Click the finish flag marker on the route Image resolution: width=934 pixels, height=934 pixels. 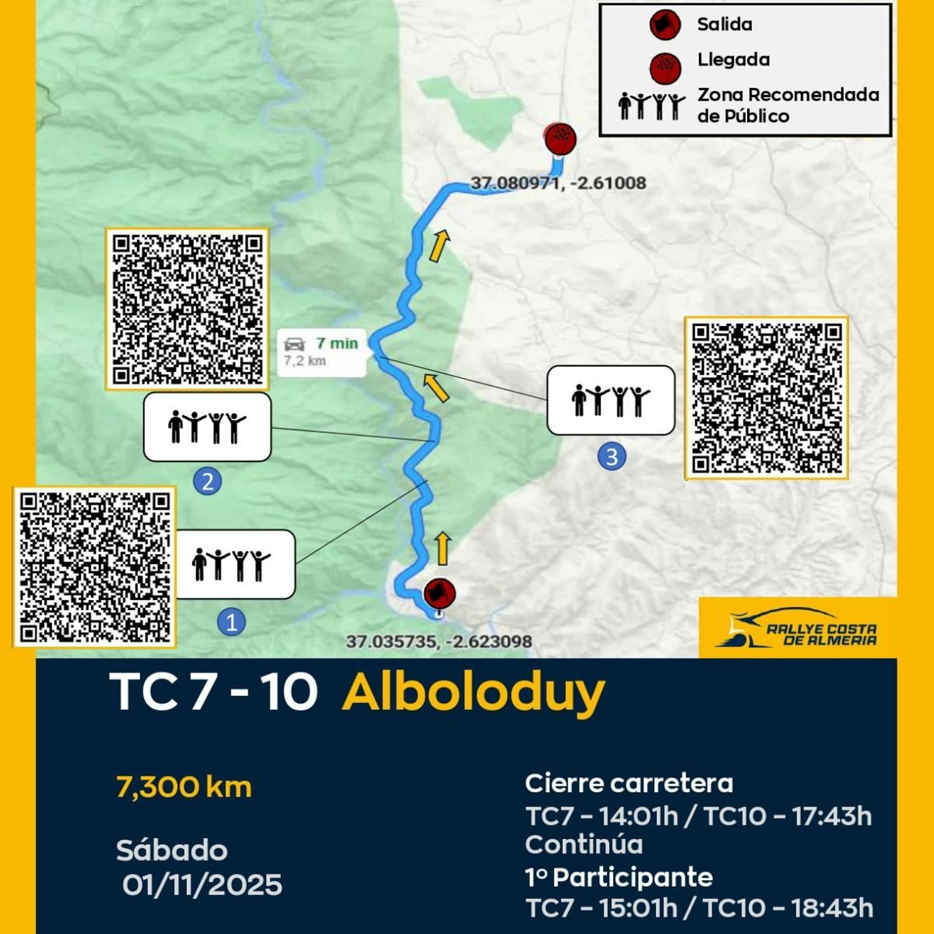coord(560,139)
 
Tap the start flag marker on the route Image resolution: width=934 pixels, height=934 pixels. coord(440,593)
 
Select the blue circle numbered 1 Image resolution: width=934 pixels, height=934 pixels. coord(231,622)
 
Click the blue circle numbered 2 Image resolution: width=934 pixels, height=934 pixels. coord(207,482)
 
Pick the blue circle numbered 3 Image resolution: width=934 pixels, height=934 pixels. coord(612,456)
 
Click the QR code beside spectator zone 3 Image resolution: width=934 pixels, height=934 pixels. coord(766,398)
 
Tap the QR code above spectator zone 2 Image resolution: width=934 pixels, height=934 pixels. coord(187,309)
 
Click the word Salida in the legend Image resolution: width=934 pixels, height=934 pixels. coord(724,25)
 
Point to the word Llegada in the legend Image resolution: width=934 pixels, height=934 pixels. coord(733,60)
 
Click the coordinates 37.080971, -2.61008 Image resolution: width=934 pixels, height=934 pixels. coord(558,183)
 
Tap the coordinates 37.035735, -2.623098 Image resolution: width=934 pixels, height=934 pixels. coord(439,642)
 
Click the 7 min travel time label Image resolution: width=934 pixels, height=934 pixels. coord(336,343)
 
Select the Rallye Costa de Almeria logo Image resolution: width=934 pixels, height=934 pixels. coord(797,629)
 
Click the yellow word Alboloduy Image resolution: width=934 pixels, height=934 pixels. coord(473,693)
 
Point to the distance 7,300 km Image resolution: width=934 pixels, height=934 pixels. coord(184,787)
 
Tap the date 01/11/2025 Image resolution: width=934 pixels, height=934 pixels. coord(202,885)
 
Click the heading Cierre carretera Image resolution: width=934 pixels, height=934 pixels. coord(629,783)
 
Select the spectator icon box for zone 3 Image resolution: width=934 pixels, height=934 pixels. coord(611,400)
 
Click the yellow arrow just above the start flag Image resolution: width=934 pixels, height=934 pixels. coord(443,548)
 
